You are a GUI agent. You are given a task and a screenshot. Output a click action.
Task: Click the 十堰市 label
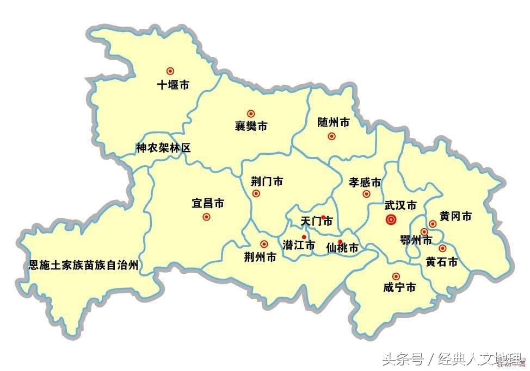[x=173, y=85]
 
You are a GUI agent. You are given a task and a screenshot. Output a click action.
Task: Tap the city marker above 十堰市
[x=170, y=71]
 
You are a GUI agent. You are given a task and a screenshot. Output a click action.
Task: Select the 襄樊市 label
[x=251, y=127]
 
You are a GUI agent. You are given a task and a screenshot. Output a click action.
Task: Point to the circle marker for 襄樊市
[x=251, y=114]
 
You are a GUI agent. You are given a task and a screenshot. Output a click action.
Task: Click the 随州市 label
[x=333, y=123]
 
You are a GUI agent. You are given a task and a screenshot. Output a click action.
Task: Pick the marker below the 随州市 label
[x=331, y=136]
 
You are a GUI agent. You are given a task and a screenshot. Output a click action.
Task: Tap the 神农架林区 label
[x=163, y=148]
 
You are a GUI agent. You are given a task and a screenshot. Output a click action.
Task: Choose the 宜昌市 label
[x=208, y=204]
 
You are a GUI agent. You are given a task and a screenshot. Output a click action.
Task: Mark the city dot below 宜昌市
[x=206, y=217]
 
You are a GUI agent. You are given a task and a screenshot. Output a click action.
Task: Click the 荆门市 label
[x=267, y=181]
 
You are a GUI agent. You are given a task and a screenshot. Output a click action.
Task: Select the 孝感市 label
[x=365, y=182]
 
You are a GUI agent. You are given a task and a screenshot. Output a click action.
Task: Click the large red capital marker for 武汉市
[x=390, y=219]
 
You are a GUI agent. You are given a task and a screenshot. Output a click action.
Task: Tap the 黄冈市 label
[x=455, y=216]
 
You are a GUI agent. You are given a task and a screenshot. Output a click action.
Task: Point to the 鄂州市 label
[x=416, y=240]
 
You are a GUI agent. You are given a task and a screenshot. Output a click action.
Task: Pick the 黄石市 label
[x=441, y=262]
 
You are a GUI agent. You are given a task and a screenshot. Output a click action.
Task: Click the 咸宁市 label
[x=399, y=288]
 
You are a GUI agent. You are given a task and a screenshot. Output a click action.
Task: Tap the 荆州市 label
[x=260, y=257]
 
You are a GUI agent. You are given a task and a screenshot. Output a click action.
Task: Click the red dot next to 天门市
[x=323, y=217]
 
